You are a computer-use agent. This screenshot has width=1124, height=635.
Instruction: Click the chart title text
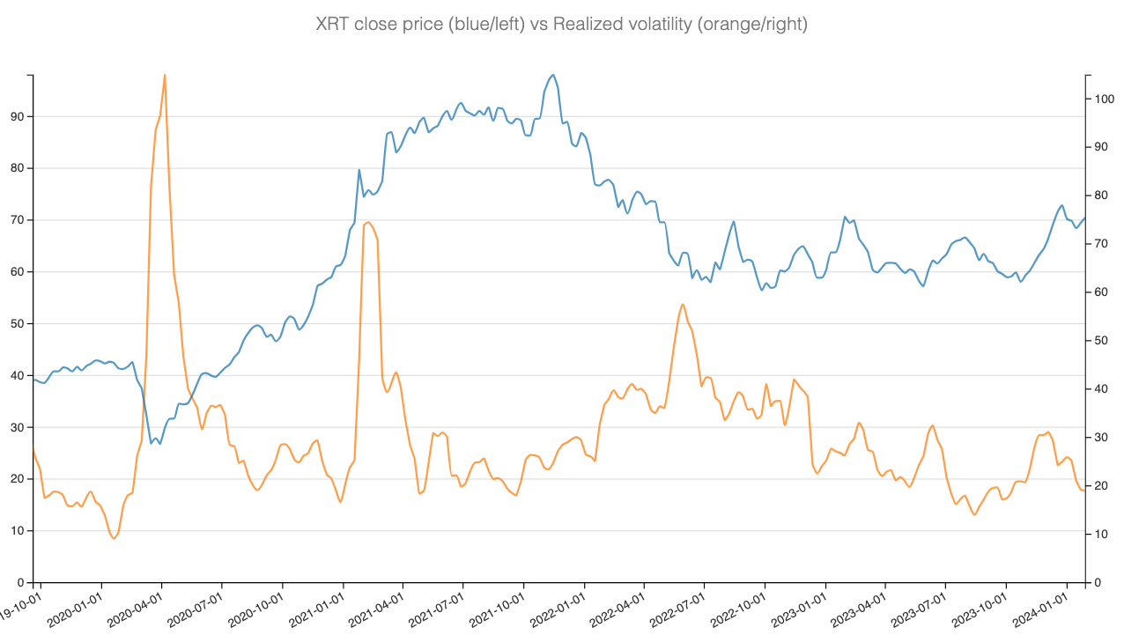pyautogui.click(x=561, y=25)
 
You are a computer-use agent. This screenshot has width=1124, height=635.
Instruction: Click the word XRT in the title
pyautogui.click(x=332, y=25)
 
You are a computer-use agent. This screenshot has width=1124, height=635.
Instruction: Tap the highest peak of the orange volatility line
pyautogui.click(x=165, y=75)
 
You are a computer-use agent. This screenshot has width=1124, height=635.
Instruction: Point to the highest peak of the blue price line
pyautogui.click(x=552, y=75)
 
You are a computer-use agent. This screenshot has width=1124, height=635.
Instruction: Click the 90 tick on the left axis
pyautogui.click(x=17, y=116)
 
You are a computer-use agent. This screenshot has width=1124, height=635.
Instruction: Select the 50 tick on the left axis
pyautogui.click(x=17, y=323)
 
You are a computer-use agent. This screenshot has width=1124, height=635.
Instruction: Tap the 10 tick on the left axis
pyautogui.click(x=17, y=531)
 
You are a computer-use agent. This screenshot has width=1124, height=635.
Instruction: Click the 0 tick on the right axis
pyautogui.click(x=1096, y=583)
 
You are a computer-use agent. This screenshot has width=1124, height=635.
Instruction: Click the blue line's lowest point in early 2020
pyautogui.click(x=152, y=443)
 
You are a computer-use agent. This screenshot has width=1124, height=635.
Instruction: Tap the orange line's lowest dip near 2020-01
pyautogui.click(x=115, y=538)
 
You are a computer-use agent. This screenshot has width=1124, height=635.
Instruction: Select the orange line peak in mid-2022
pyautogui.click(x=683, y=305)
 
